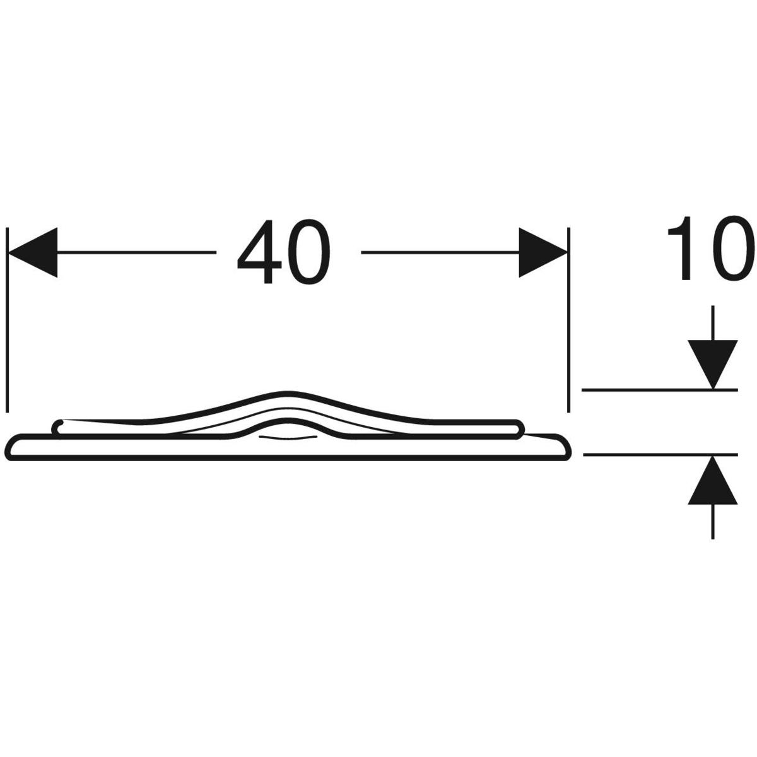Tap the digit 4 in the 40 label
[259, 252]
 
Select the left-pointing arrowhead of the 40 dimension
[33, 252]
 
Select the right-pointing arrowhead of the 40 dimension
[543, 252]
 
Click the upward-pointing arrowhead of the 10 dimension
[712, 479]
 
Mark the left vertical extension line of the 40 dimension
[8, 319]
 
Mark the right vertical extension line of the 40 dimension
[568, 319]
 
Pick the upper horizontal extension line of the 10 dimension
[660, 390]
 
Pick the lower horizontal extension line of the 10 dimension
[660, 454]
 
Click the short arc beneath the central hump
[286, 438]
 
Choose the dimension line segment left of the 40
[136, 252]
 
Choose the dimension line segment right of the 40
[440, 252]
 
